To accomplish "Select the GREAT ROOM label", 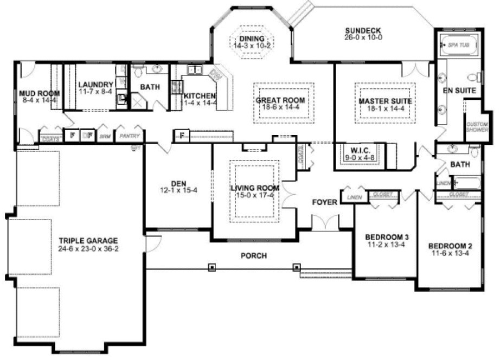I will click(280, 100).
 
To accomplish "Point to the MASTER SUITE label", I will click(385, 101).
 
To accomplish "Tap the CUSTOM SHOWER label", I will click(477, 126).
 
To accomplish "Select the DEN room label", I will click(178, 183).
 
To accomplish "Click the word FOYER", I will click(325, 202).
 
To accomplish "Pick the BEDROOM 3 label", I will click(387, 237).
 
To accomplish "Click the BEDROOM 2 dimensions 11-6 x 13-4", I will click(450, 253).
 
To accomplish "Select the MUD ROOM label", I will click(37, 93).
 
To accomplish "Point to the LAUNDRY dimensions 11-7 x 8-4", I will click(95, 93).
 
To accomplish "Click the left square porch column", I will click(211, 266).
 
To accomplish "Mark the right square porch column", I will click(297, 266).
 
